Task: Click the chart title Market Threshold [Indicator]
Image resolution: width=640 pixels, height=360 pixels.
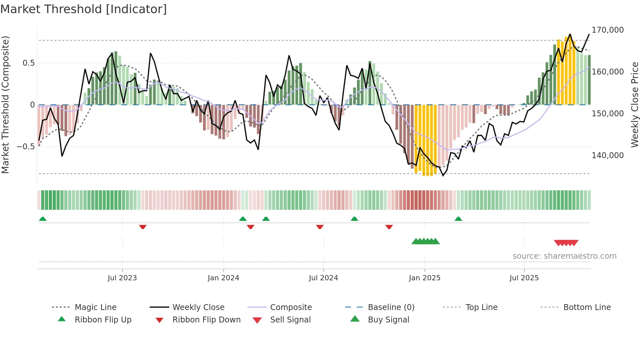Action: point(84,9)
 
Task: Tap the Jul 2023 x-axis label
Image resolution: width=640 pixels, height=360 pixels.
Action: point(122,278)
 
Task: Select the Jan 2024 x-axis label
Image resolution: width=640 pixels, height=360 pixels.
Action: point(223,278)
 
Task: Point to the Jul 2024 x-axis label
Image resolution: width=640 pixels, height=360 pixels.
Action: point(323,278)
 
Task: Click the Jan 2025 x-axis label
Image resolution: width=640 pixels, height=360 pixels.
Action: point(424,278)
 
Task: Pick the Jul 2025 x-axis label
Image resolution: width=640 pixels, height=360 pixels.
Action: point(524,278)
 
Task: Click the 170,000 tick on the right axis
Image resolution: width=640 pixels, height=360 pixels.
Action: point(608,30)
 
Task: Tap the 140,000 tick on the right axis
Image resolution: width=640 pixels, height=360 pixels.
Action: point(608,155)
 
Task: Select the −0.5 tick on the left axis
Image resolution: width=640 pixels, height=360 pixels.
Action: point(26,147)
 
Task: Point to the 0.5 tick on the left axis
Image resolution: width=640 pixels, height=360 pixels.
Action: point(28,63)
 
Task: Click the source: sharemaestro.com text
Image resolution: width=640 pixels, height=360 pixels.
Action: point(564,256)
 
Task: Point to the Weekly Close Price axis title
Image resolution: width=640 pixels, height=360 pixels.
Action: point(634,105)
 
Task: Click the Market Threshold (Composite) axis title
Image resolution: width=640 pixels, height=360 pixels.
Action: point(5,105)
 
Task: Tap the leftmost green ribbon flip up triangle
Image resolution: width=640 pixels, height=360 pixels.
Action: point(43,219)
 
